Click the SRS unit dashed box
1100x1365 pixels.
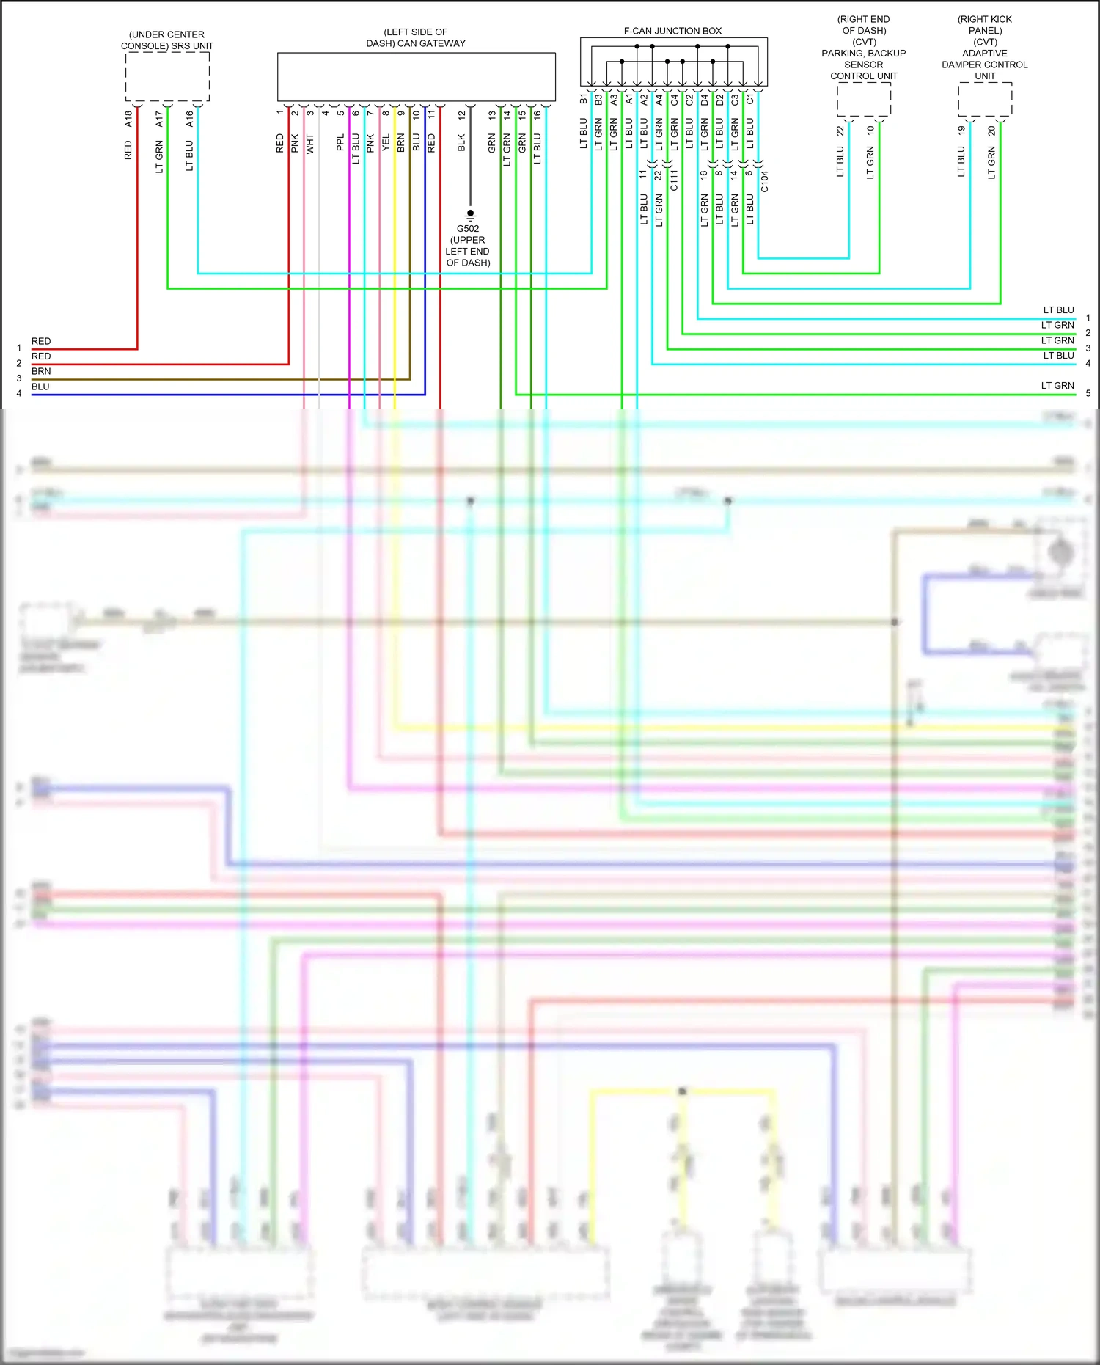click(x=167, y=76)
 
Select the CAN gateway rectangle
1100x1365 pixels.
click(x=416, y=76)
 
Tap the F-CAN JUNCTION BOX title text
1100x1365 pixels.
click(x=672, y=31)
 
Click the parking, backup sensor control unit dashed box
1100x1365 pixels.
click(x=864, y=99)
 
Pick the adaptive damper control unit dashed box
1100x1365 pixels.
click(x=985, y=99)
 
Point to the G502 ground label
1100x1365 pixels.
click(x=468, y=229)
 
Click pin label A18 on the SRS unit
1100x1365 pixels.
click(x=129, y=118)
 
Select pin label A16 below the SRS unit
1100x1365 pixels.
click(x=190, y=118)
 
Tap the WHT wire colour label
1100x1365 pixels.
click(x=310, y=144)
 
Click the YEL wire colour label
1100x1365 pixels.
click(x=386, y=144)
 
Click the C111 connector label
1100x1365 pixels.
click(x=674, y=179)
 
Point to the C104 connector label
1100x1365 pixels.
click(x=764, y=181)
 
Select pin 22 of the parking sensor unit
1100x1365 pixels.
click(x=840, y=131)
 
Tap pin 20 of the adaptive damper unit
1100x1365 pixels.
click(x=991, y=131)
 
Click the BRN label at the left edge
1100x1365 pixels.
click(x=41, y=371)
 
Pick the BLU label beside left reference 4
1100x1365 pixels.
click(x=40, y=387)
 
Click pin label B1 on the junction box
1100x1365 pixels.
click(x=584, y=99)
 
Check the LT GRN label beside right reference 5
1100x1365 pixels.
click(x=1057, y=385)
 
